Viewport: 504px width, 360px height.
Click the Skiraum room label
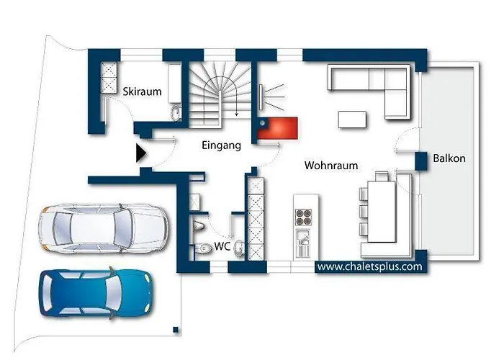tap(142, 91)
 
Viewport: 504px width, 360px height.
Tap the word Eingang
tap(222, 145)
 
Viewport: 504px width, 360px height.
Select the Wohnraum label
tap(331, 165)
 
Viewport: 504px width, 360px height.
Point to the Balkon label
tap(449, 158)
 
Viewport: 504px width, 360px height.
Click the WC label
tap(222, 246)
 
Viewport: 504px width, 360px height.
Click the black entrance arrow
tap(141, 153)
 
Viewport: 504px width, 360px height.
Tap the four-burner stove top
tap(303, 217)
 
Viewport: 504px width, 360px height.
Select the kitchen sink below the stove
tap(303, 243)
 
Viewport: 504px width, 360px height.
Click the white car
tap(103, 228)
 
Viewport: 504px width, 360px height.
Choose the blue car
tap(96, 293)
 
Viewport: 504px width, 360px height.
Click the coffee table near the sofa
tap(352, 120)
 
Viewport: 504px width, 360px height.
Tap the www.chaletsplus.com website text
tap(369, 266)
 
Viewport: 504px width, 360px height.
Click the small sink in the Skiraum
tap(176, 113)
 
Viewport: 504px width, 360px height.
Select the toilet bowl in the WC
tap(204, 248)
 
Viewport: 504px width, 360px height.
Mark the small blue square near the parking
tap(176, 330)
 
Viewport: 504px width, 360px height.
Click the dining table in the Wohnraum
tap(382, 212)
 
